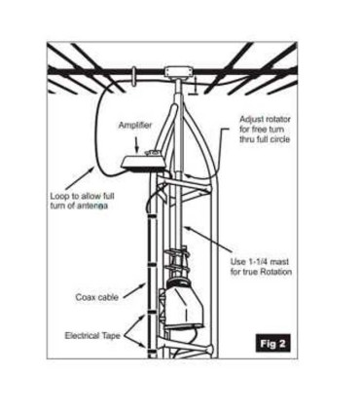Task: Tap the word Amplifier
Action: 135,126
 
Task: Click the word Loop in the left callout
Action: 60,196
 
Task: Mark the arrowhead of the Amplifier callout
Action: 147,151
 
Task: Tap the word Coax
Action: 85,297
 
